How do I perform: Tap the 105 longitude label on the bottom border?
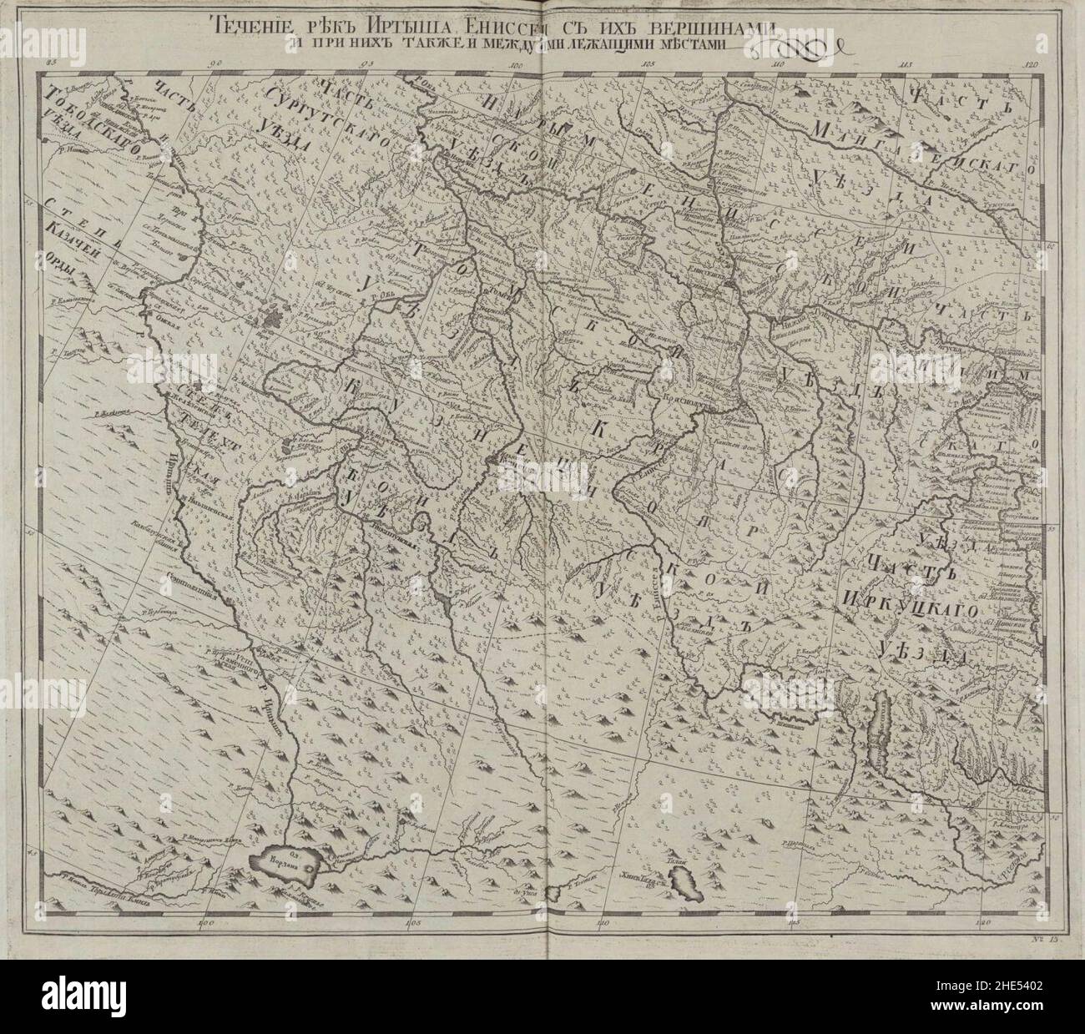coord(410,924)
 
